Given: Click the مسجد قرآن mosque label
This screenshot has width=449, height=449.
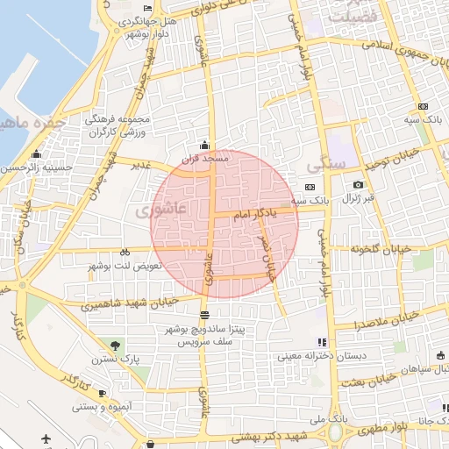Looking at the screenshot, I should (x=205, y=159).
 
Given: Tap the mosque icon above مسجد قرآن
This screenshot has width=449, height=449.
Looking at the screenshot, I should (x=205, y=145).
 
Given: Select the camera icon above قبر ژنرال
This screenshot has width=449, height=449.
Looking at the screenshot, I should (x=358, y=185).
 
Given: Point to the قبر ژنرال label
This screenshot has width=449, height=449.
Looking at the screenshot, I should (x=358, y=198).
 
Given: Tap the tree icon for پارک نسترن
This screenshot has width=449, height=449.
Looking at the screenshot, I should (x=118, y=343).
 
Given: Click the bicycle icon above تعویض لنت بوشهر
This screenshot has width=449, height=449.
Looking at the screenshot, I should (x=125, y=250).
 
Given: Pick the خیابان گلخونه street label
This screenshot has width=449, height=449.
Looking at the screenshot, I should (x=381, y=249).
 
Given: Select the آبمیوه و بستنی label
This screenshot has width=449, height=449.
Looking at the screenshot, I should (x=102, y=407).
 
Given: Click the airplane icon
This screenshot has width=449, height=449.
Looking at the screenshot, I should (x=46, y=438).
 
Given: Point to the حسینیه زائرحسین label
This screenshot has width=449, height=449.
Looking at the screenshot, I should (x=36, y=166).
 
